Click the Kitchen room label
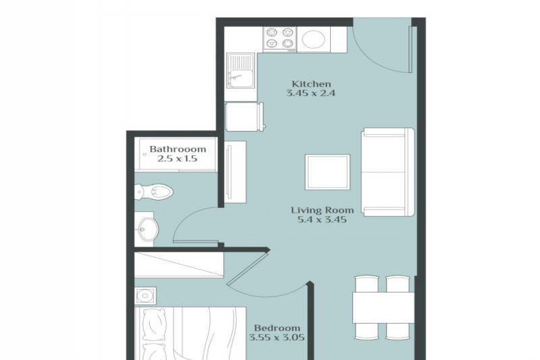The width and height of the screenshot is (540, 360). (x=311, y=84)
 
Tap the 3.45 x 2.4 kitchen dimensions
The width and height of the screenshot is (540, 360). (x=310, y=93)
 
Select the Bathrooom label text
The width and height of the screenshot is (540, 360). (x=178, y=149)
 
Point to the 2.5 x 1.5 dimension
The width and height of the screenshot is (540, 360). (x=177, y=159)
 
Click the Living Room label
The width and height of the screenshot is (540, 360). (x=322, y=210)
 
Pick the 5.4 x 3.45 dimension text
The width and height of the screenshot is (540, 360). (x=322, y=220)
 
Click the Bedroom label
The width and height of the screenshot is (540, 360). (x=277, y=328)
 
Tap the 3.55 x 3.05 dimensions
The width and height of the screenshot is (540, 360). (x=277, y=337)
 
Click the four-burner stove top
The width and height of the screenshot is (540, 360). (x=279, y=38)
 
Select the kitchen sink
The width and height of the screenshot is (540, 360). (x=240, y=70)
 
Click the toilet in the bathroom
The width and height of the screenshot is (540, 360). (x=154, y=191)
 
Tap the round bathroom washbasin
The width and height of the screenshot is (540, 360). (x=148, y=229)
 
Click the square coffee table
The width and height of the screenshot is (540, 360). (x=327, y=172)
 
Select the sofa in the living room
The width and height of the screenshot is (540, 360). (x=387, y=172)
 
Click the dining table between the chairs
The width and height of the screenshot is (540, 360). (x=383, y=307)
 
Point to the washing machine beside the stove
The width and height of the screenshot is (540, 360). (x=313, y=39)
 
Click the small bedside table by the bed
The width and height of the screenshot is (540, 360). (x=145, y=296)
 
